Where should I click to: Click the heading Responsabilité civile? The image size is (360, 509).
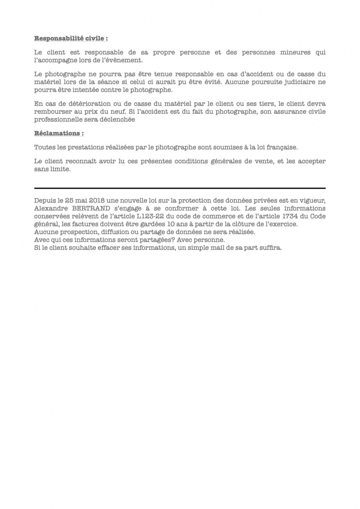click(x=71, y=38)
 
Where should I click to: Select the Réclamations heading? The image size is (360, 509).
click(x=59, y=133)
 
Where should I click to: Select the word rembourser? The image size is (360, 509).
click(x=52, y=112)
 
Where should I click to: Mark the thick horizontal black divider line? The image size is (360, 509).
click(x=180, y=188)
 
